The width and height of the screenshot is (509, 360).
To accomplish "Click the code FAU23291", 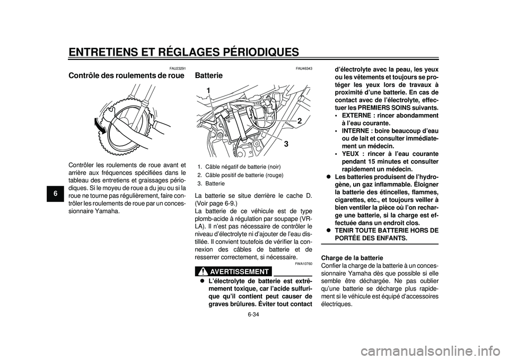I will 178,68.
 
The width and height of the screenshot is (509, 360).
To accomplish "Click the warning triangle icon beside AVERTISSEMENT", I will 203,271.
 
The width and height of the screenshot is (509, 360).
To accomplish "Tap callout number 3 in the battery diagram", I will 285,144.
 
